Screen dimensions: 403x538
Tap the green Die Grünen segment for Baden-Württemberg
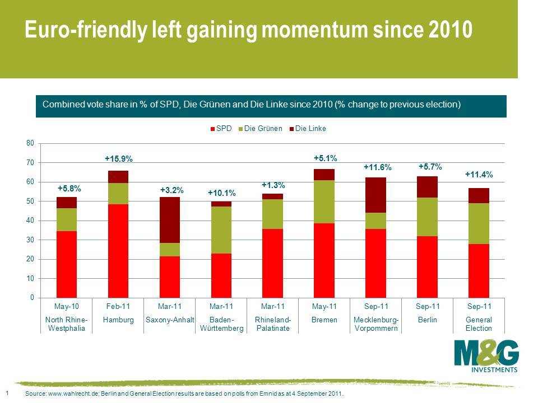point(221,230)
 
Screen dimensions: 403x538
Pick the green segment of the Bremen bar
point(324,201)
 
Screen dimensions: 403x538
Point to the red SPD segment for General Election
point(479,271)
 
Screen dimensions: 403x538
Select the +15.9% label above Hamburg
point(119,160)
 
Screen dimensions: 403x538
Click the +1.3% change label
point(273,185)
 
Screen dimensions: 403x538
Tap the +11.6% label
point(377,167)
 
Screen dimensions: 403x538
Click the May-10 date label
point(67,306)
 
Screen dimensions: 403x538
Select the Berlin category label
point(428,320)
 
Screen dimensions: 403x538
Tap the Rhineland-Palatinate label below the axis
point(273,324)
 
